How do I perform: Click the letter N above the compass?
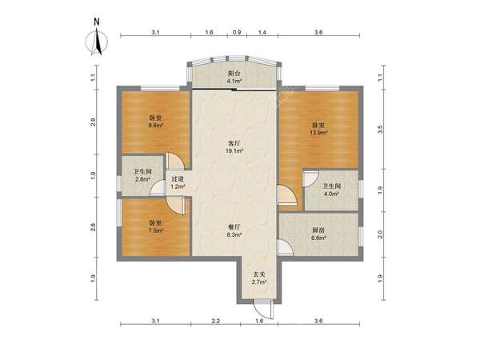tap(97, 22)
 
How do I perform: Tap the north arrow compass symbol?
tap(97, 42)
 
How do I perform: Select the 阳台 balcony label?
tap(234, 74)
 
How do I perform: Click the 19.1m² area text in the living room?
tap(234, 150)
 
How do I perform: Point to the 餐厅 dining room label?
tap(234, 227)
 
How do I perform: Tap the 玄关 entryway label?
tap(259, 274)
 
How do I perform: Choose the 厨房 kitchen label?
tap(318, 230)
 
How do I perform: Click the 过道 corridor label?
tap(178, 179)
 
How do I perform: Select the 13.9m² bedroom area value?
tap(318, 133)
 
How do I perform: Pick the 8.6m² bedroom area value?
tap(155, 126)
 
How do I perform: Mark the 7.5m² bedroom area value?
tap(155, 231)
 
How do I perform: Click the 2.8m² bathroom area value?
tap(142, 179)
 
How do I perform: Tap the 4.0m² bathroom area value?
tap(331, 194)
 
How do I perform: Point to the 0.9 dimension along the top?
tap(237, 32)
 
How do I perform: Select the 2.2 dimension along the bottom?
tap(216, 321)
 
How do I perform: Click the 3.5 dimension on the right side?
tap(381, 130)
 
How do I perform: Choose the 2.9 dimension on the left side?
tap(94, 122)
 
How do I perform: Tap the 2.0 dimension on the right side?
tap(381, 234)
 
